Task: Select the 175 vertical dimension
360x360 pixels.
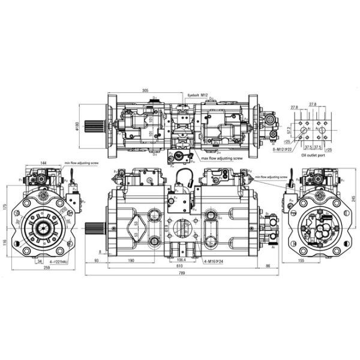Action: [5, 206]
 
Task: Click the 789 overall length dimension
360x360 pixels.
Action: [182, 274]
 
